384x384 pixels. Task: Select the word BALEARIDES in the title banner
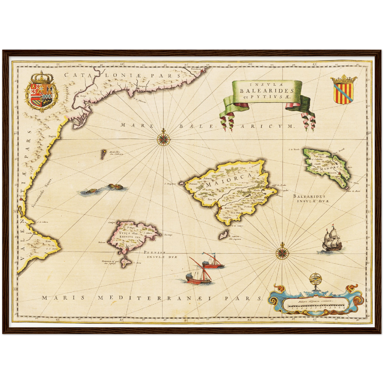point(267,91)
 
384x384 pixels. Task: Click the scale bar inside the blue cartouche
point(317,306)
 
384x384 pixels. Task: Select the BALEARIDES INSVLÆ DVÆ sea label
point(311,199)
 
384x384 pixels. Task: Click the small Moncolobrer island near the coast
point(103,154)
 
